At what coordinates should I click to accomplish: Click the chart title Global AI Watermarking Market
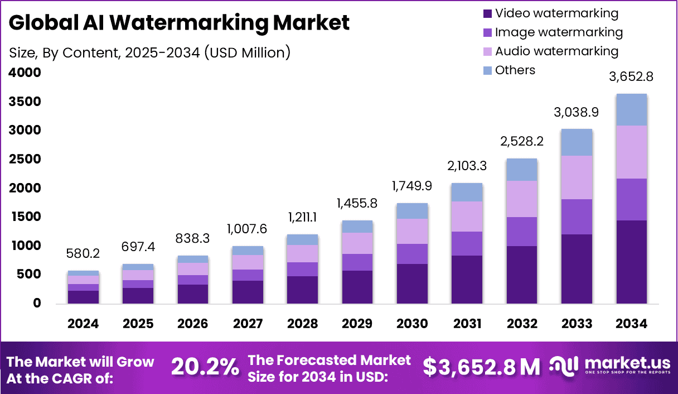(180, 23)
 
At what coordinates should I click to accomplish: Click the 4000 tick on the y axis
(25, 73)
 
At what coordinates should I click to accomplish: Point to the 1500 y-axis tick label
(25, 217)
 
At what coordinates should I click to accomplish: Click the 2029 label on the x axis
(357, 324)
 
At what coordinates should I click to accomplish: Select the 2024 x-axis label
(83, 324)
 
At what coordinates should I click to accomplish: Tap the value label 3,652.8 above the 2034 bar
(631, 77)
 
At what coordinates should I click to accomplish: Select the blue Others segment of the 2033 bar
(577, 142)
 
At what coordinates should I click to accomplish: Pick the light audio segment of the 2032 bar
(521, 199)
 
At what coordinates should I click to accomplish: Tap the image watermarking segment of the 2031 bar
(467, 243)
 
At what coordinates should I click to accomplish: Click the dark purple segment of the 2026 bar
(193, 294)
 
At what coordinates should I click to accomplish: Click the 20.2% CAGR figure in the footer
(205, 367)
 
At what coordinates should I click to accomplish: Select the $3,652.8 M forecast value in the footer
(481, 367)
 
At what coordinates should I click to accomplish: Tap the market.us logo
(611, 366)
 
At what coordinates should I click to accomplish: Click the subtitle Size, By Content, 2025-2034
(150, 52)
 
